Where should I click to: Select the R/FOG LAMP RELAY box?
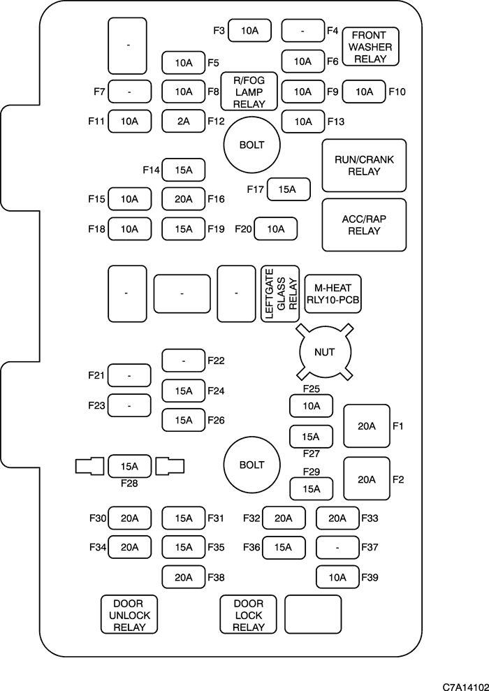pyautogui.click(x=249, y=92)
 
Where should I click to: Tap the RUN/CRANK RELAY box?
pyautogui.click(x=364, y=166)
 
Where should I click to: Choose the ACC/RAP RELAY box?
pyautogui.click(x=364, y=224)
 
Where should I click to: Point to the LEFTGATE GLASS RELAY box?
pyautogui.click(x=279, y=293)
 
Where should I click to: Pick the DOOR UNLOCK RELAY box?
pyautogui.click(x=129, y=614)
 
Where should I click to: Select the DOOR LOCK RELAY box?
pyautogui.click(x=249, y=614)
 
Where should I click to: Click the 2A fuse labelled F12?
pyautogui.click(x=183, y=121)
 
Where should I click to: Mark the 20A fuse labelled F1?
pyautogui.click(x=367, y=425)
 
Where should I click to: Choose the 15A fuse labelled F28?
pyautogui.click(x=129, y=466)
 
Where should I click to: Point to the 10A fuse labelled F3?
pyautogui.click(x=249, y=30)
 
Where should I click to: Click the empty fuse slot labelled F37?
pyautogui.click(x=337, y=547)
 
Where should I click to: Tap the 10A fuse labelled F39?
pyautogui.click(x=337, y=577)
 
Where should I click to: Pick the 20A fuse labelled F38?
pyautogui.click(x=183, y=577)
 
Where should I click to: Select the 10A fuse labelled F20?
pyautogui.click(x=276, y=228)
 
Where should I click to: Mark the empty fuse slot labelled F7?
pyautogui.click(x=129, y=92)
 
